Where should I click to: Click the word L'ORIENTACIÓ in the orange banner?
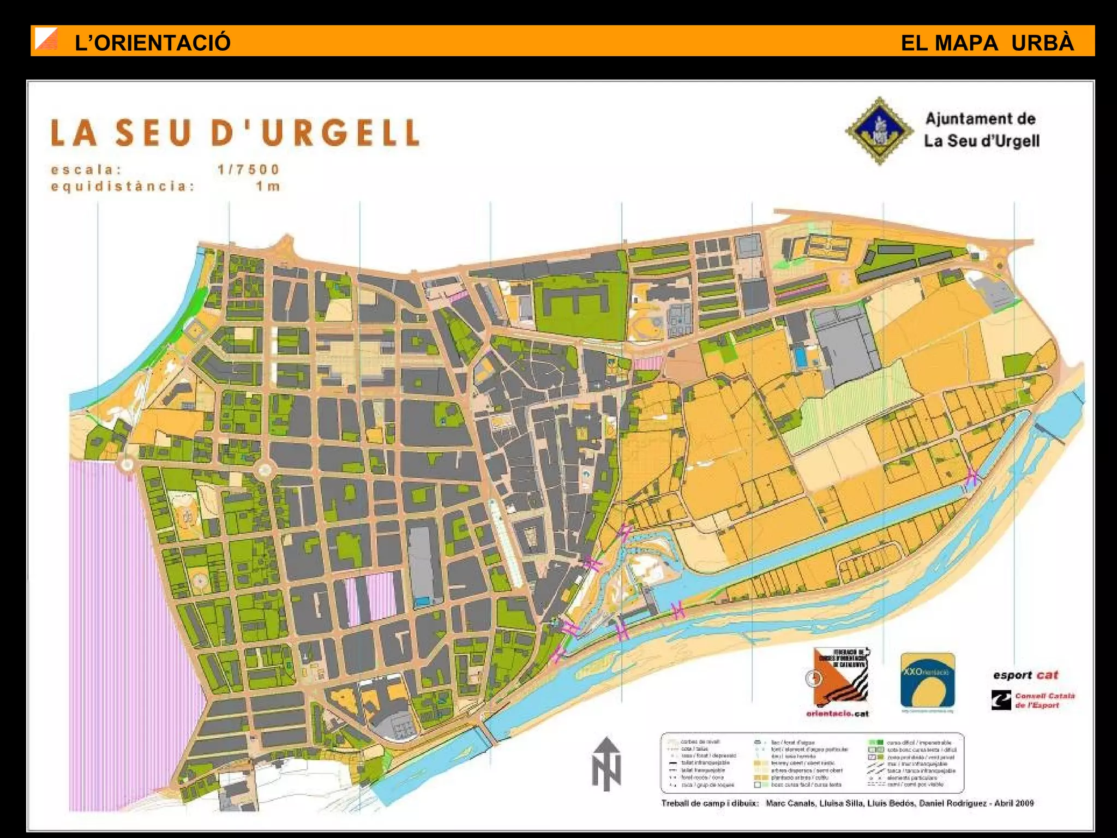click(x=152, y=43)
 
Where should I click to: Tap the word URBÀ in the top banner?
click(x=1042, y=43)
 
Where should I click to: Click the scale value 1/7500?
click(x=248, y=170)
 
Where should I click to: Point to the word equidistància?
click(x=123, y=187)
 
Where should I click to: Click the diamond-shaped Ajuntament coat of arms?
click(x=879, y=131)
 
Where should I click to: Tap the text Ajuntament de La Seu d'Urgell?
click(x=981, y=130)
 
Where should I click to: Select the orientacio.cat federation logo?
click(x=838, y=682)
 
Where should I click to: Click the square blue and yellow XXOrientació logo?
click(x=927, y=680)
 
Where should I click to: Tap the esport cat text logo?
click(x=1025, y=675)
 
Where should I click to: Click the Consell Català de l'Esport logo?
click(x=1033, y=701)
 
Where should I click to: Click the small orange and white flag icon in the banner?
click(x=46, y=40)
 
